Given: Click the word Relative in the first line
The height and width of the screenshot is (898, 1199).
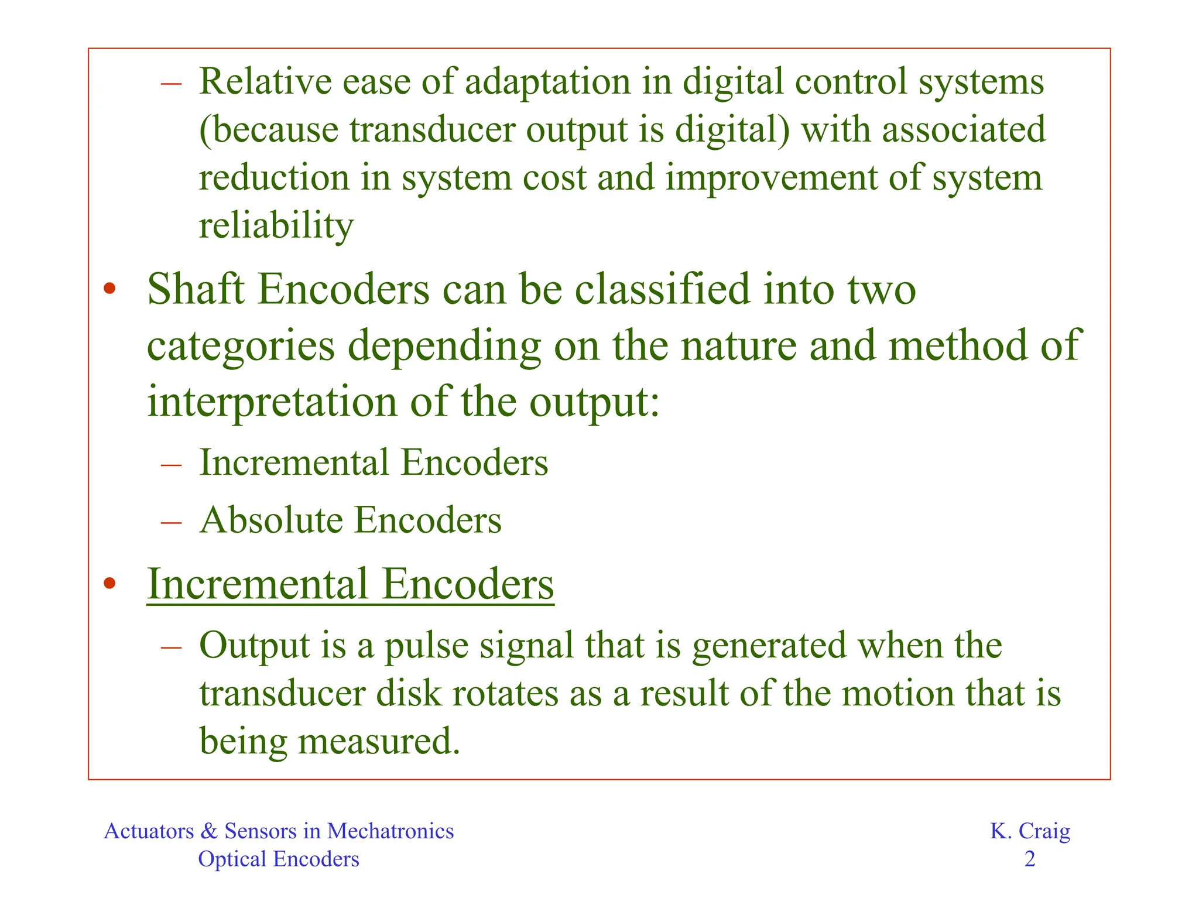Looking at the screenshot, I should coord(265,81).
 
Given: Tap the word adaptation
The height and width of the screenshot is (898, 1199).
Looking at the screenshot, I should coord(547,81).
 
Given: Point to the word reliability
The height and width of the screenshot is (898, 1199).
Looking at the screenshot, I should coord(276,226).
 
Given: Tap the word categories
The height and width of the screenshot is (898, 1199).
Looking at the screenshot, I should coord(241,346).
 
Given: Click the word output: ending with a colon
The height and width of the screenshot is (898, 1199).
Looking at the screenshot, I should coord(594,403).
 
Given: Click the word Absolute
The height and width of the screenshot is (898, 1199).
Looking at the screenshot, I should coord(271,520).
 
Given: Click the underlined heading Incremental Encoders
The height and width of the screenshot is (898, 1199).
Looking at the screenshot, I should coord(350,584).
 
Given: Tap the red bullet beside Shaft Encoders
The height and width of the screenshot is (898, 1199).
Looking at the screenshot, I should coord(109,289).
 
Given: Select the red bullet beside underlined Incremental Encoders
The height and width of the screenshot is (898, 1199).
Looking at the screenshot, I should coord(109,584).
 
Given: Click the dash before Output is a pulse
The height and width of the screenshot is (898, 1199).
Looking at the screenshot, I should coord(171,647).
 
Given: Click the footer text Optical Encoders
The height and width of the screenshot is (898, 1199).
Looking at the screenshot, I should coord(279,859).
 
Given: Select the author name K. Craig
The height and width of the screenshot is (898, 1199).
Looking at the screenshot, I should coord(1030,831).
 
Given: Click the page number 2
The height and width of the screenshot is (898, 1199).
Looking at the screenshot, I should coord(1030,859).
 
